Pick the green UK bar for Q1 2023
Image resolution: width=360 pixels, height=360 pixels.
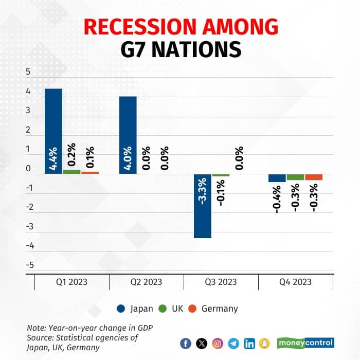click(71, 172)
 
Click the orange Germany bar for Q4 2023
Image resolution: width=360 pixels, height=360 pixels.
click(314, 177)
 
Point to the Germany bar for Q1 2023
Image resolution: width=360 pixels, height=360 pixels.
click(90, 173)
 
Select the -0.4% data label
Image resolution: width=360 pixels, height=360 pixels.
click(277, 200)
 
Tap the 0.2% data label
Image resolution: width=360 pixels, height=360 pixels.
click(72, 156)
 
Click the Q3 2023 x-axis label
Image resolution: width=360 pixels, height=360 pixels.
click(221, 282)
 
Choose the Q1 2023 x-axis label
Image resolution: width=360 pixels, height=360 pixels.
click(71, 282)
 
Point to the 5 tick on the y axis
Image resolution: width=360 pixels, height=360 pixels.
click(28, 72)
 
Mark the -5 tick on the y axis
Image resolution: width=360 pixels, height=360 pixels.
click(29, 265)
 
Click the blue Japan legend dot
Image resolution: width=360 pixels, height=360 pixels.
click(121, 309)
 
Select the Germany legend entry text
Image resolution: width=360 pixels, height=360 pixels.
click(220, 309)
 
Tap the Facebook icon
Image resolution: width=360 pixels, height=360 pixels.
click(186, 344)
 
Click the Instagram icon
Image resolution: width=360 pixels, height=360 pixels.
click(218, 344)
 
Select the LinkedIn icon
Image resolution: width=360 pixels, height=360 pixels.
click(249, 344)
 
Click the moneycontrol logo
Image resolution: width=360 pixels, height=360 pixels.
click(305, 343)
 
